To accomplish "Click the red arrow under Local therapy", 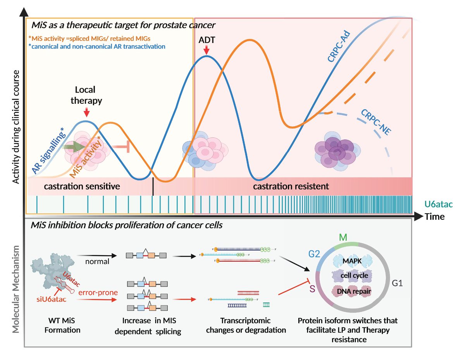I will tap(87, 112).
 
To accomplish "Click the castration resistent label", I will tap(291, 186).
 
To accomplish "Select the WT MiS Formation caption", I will tap(59, 326).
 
